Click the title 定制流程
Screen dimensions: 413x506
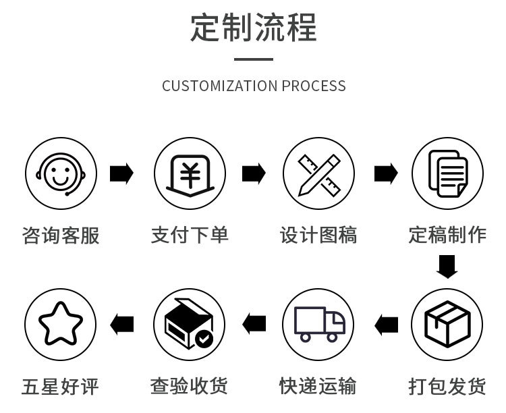point(253,28)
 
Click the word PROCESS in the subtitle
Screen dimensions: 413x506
point(314,86)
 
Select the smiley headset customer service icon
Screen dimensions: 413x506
point(61,173)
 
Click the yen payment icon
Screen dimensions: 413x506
point(190,173)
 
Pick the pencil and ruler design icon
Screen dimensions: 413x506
point(318,173)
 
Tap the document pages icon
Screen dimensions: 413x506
point(447,173)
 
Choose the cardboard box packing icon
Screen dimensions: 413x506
point(447,325)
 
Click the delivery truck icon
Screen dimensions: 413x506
point(318,325)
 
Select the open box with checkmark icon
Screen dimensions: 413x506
point(190,325)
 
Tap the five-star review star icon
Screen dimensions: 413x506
point(61,325)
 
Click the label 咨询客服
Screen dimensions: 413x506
point(61,235)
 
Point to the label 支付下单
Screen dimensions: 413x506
point(190,235)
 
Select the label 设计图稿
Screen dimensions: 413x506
point(318,235)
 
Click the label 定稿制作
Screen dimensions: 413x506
point(447,235)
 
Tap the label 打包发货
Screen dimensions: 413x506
point(447,387)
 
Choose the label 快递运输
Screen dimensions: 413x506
point(318,387)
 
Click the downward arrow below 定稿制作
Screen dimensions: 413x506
point(447,267)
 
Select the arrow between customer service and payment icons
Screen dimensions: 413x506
point(121,173)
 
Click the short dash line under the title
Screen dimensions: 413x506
point(253,59)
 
